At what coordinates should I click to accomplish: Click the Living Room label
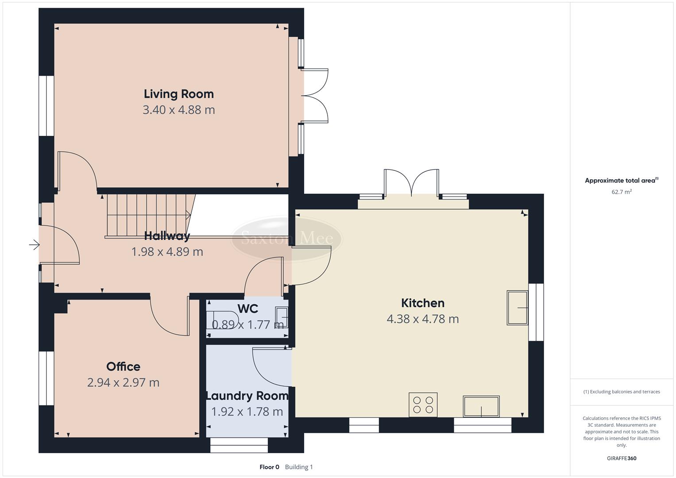point(178,94)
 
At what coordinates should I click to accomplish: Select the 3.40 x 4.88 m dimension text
point(178,110)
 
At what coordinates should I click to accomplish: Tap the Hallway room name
point(167,236)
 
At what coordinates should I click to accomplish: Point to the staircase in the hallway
point(148,216)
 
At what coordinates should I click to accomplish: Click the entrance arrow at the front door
point(34,244)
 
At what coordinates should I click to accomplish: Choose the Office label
point(123,366)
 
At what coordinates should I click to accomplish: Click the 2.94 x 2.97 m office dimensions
point(123,382)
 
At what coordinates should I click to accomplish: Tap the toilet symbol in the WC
point(224,320)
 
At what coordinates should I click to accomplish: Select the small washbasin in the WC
point(282,317)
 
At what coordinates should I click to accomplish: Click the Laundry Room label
point(247,396)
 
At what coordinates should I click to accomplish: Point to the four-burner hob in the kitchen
point(423,405)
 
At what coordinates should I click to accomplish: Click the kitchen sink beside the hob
point(481,406)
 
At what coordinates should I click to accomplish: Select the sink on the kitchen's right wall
point(517,308)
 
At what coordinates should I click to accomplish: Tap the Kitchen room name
point(422,303)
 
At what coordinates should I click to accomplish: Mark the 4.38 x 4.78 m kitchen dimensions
point(422,319)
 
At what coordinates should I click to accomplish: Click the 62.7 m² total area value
point(621,192)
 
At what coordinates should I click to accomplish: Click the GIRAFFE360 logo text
point(621,458)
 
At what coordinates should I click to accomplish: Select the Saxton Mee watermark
point(286,239)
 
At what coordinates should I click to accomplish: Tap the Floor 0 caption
point(269,467)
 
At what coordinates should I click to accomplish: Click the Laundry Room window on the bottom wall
point(239,445)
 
